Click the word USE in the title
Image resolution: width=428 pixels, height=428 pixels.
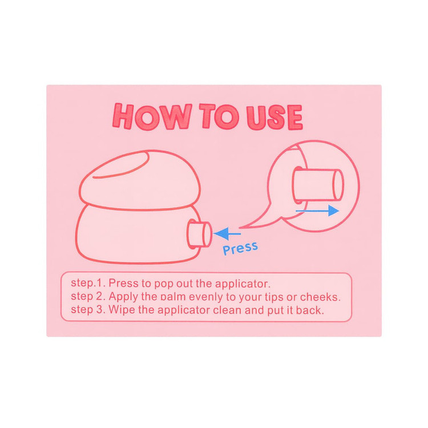click(274, 117)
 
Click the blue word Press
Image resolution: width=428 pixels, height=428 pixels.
click(240, 248)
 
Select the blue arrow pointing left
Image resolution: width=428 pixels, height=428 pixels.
click(227, 233)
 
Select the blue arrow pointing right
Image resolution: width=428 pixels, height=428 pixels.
click(317, 211)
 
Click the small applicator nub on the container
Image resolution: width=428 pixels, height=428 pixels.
click(199, 234)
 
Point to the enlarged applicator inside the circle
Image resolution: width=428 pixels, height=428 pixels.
click(318, 185)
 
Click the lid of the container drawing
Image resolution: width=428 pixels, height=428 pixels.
click(140, 180)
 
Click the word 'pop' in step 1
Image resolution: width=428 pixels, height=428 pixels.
click(164, 284)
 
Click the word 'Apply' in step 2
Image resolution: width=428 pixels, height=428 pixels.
click(123, 297)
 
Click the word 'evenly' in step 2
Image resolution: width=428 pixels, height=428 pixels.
click(207, 297)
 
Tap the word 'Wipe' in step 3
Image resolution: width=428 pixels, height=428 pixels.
click(122, 310)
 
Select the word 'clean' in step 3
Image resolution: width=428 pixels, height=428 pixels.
click(227, 310)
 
